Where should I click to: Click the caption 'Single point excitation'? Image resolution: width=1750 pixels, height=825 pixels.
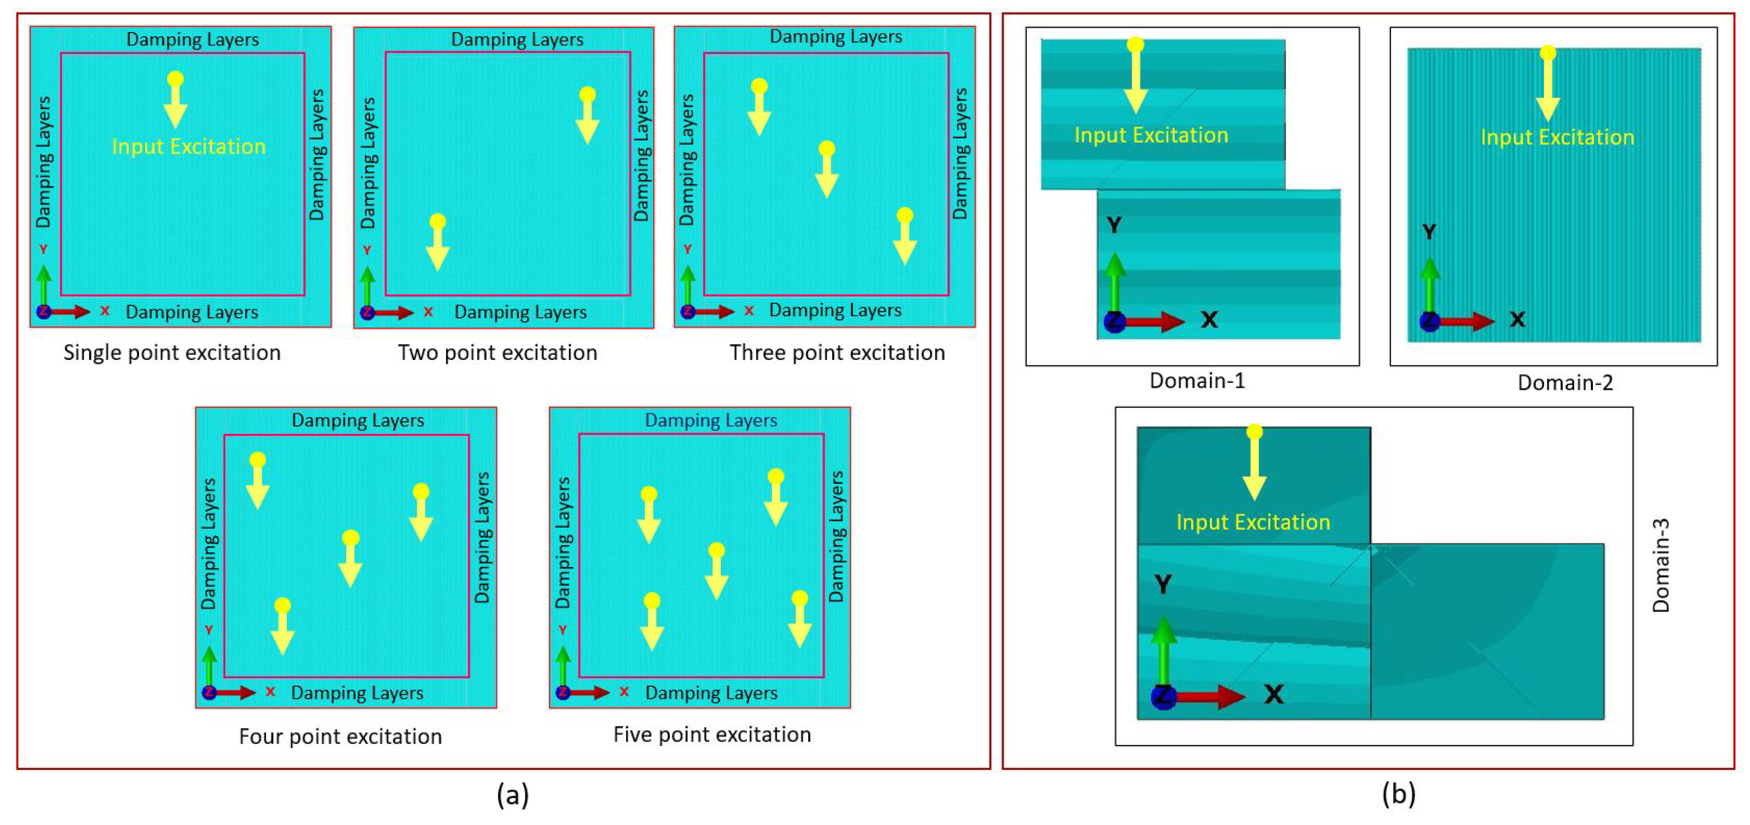pyautogui.click(x=172, y=352)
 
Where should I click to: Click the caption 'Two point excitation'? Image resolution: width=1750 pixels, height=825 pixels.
pyautogui.click(x=497, y=352)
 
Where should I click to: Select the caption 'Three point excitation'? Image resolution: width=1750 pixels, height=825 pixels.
pyautogui.click(x=837, y=352)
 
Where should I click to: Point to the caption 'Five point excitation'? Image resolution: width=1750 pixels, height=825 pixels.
pyautogui.click(x=712, y=734)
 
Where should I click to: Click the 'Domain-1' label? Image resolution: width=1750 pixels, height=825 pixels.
pyautogui.click(x=1197, y=381)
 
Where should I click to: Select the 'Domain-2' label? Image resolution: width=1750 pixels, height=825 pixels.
pyautogui.click(x=1565, y=383)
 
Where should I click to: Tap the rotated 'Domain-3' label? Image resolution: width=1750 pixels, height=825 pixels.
pyautogui.click(x=1660, y=565)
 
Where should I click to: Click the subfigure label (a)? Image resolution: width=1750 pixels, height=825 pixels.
pyautogui.click(x=512, y=794)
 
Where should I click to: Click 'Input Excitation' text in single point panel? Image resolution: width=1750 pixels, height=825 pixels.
pyautogui.click(x=189, y=147)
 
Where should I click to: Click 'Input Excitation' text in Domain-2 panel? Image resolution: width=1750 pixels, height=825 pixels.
pyautogui.click(x=1557, y=138)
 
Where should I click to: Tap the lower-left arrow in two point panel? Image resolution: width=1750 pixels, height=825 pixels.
pyautogui.click(x=437, y=245)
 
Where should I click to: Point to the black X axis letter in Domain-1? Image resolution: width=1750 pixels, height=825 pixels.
pyautogui.click(x=1208, y=319)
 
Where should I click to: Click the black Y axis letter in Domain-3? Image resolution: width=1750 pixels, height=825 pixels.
pyautogui.click(x=1162, y=584)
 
